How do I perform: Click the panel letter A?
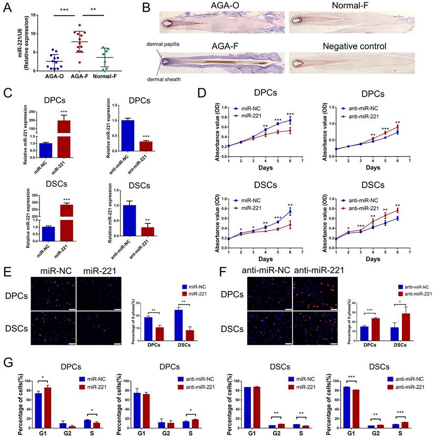pyautogui.click(x=7, y=7)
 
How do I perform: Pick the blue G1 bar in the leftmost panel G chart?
pyautogui.click(x=38, y=408)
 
